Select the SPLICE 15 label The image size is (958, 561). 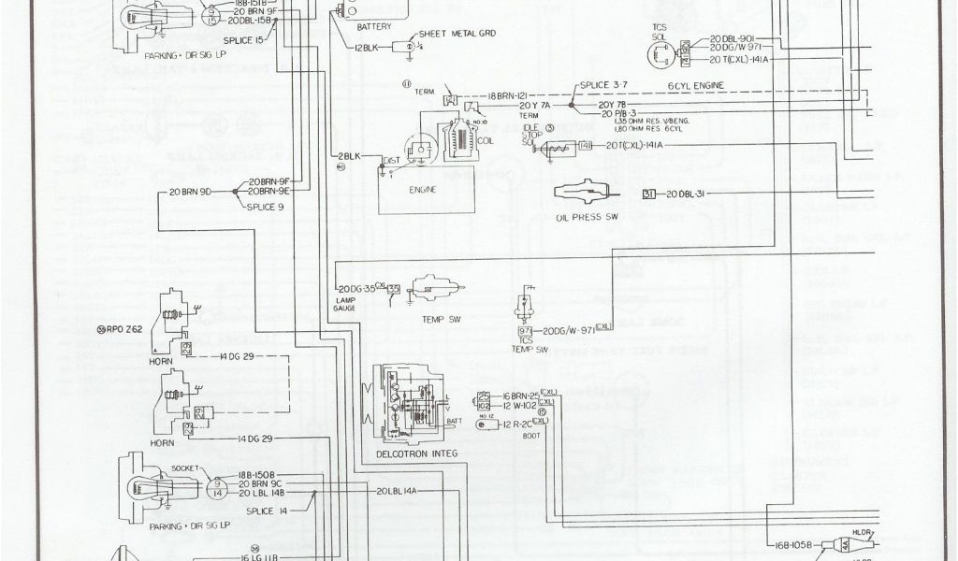pos(244,42)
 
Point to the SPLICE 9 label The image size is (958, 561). pos(265,206)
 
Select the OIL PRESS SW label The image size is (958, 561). pos(588,218)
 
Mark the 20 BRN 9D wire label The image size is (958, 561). pos(190,192)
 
